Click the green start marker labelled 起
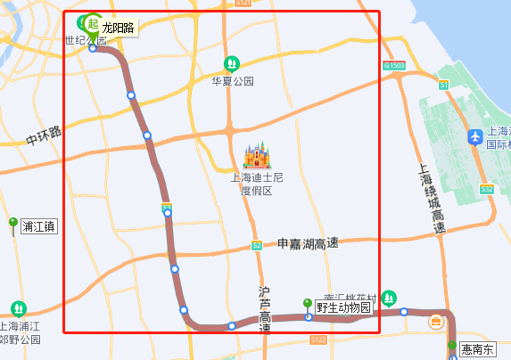click(93, 23)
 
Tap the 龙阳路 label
click(118, 29)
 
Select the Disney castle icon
click(257, 157)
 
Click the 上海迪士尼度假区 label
click(257, 184)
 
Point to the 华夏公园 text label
click(232, 81)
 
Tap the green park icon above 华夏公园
click(231, 63)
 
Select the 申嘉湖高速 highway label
click(308, 243)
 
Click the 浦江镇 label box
click(38, 226)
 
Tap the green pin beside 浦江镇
click(13, 223)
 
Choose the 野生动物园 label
click(342, 307)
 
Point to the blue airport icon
click(475, 137)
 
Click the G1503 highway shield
click(393, 66)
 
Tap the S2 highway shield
click(257, 245)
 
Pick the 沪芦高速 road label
click(264, 309)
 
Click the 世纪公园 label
click(86, 40)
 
